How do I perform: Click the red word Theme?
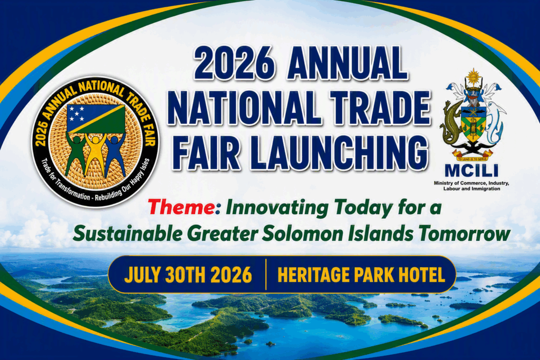[181, 208]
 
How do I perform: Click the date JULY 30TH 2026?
[188, 275]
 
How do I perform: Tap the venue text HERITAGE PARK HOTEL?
[361, 275]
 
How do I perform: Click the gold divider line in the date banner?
[266, 275]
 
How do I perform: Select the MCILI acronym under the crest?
[471, 171]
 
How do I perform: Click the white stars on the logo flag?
[76, 113]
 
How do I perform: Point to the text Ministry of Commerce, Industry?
[471, 183]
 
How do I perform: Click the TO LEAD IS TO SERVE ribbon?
[472, 159]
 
